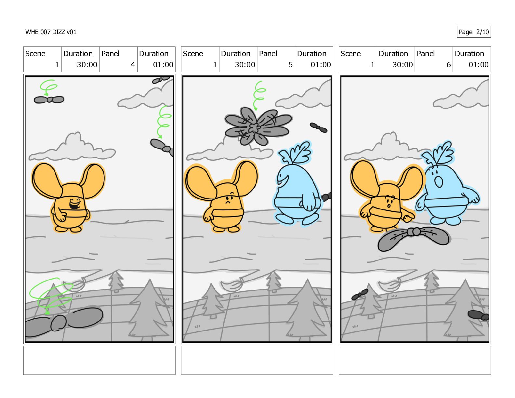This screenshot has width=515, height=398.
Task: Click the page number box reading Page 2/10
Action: click(473, 32)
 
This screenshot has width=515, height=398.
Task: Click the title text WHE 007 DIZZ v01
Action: click(51, 32)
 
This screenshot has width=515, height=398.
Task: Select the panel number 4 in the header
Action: click(133, 65)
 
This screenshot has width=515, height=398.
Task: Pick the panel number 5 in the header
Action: click(291, 65)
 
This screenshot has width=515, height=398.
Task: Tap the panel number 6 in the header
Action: click(448, 65)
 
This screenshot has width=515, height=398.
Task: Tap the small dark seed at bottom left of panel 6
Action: click(360, 295)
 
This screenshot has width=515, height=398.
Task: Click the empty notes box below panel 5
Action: click(257, 360)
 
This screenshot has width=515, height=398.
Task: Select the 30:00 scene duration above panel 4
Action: click(87, 65)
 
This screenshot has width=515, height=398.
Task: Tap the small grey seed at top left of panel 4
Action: click(49, 99)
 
